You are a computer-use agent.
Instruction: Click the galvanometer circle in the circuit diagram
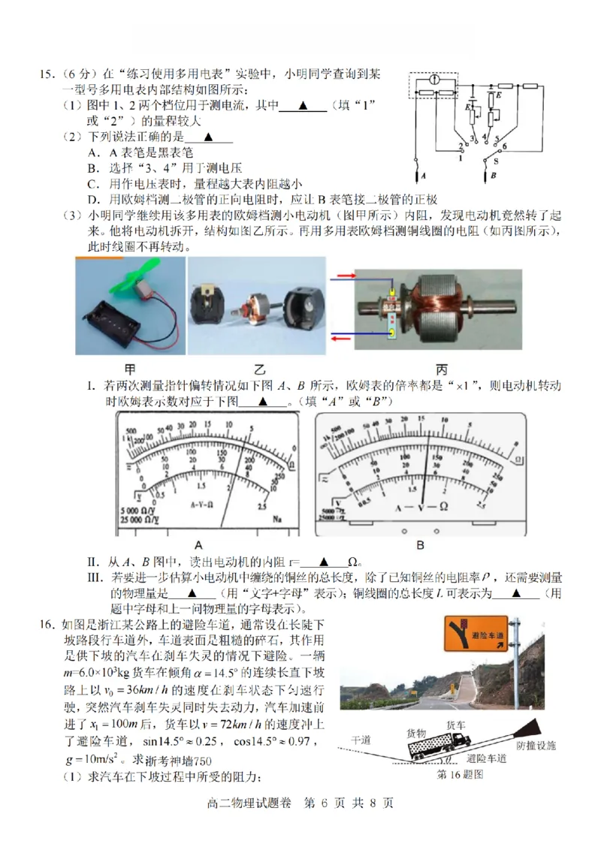pyautogui.click(x=433, y=79)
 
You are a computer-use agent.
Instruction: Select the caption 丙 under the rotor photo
pyautogui.click(x=439, y=369)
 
